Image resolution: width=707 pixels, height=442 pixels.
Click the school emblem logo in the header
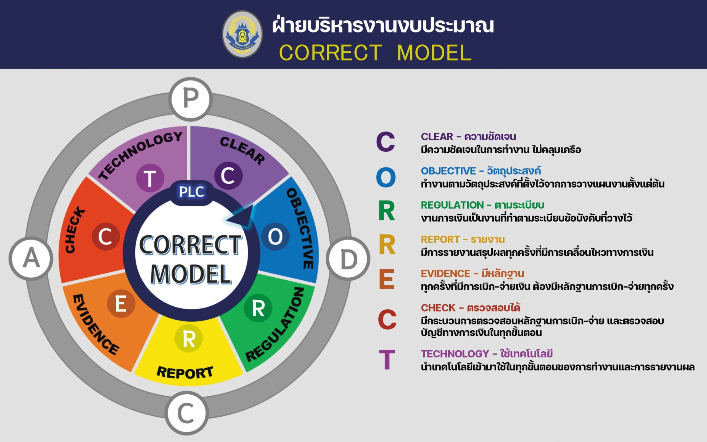pos(242,34)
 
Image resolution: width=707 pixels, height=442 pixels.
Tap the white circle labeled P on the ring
pos(191,99)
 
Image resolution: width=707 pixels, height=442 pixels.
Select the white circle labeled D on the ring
pos(348,259)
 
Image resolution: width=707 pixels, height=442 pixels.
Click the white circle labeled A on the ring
pos(31,258)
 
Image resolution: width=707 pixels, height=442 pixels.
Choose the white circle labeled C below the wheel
pos(187,413)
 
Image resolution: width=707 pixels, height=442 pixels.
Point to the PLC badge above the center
pos(192,192)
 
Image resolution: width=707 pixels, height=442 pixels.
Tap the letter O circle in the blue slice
pos(275,236)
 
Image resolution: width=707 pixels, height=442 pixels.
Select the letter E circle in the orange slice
pos(121,303)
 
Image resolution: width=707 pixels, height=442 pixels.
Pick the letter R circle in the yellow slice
pos(189,338)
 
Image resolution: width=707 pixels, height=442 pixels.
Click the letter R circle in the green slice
pos(258,308)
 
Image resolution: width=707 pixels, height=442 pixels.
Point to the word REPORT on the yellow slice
pos(185,372)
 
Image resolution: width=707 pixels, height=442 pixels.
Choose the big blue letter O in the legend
pos(386,177)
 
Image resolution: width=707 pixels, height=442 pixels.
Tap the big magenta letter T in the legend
pos(387,359)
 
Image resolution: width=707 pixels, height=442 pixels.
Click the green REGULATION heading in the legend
pos(452,205)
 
